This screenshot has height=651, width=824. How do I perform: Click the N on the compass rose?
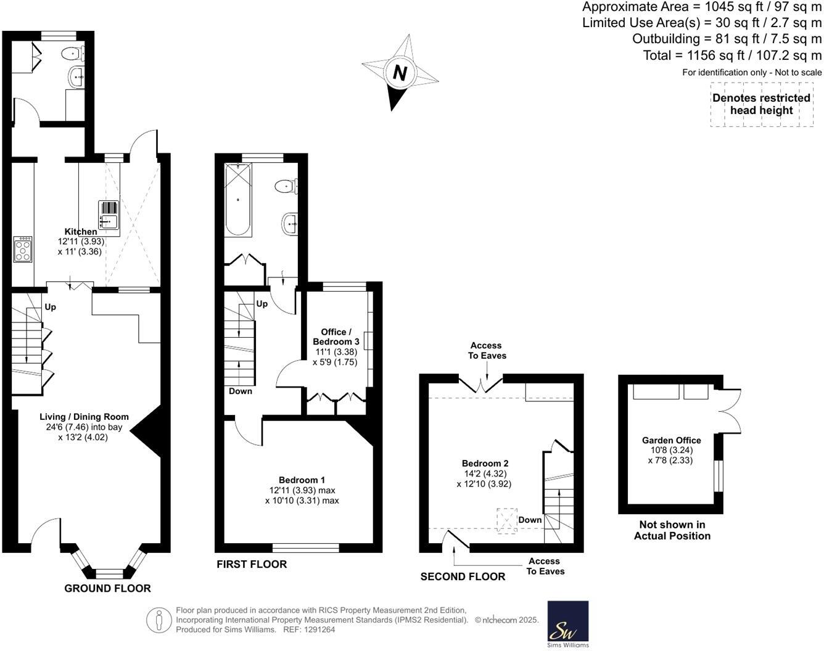[x=400, y=73]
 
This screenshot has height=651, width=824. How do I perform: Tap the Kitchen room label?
[x=80, y=232]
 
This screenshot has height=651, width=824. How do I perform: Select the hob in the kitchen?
[x=23, y=249]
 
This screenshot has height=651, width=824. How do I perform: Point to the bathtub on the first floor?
[x=238, y=199]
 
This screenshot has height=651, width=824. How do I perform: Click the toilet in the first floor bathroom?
[x=286, y=186]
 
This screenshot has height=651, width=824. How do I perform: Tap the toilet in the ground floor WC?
[x=73, y=53]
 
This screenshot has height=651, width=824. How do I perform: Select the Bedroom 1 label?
[x=302, y=480]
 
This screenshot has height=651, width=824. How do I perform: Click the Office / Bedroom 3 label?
[x=336, y=337]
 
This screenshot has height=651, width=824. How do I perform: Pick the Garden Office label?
[x=671, y=440]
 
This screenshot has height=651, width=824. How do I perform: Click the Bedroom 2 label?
[x=485, y=464]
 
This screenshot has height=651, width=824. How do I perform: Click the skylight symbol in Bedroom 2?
[x=506, y=520]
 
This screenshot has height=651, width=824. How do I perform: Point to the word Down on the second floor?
[x=530, y=520]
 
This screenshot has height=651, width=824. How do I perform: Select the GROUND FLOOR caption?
[x=107, y=588]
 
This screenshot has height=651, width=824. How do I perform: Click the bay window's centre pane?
[x=110, y=573]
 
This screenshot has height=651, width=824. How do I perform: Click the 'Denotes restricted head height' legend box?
[x=762, y=104]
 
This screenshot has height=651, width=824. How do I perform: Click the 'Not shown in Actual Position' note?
[x=672, y=530]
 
